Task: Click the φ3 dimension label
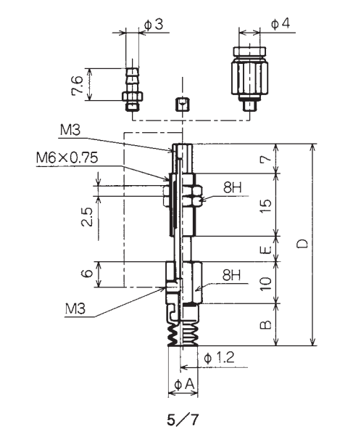click(154, 25)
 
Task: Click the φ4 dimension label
click(281, 24)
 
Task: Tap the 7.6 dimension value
click(78, 85)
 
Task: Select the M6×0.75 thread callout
click(67, 157)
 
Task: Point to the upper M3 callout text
click(70, 130)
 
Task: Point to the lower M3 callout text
click(75, 309)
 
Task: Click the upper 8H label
click(233, 187)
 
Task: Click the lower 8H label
click(231, 274)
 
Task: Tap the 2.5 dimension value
click(87, 217)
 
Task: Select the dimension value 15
click(266, 206)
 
